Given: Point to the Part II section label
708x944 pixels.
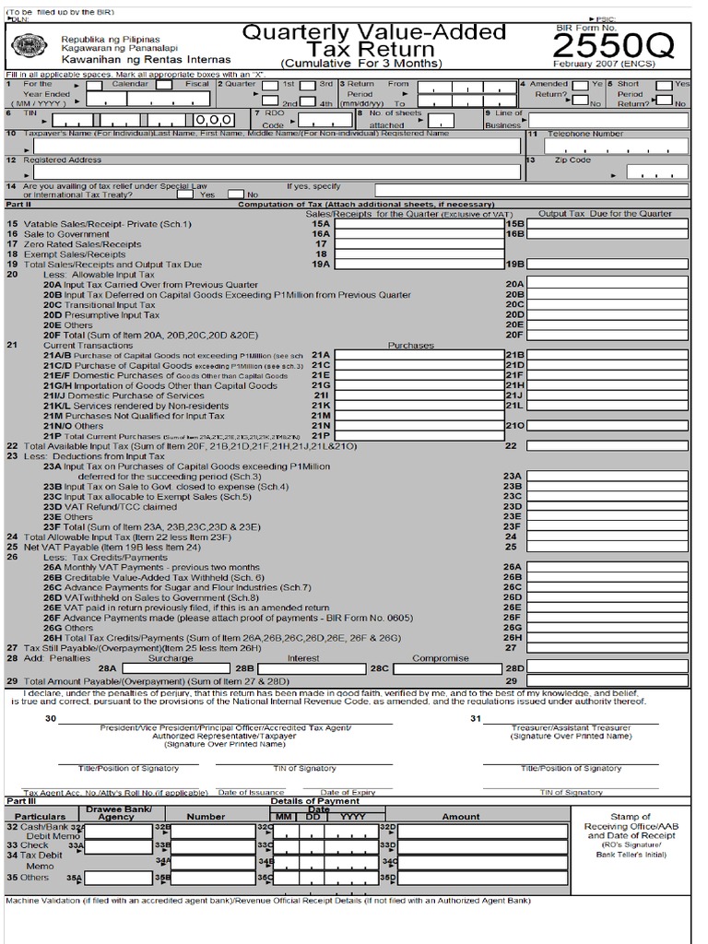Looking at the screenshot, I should [x=18, y=205].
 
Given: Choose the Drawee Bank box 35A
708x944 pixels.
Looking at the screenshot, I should [x=117, y=879].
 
